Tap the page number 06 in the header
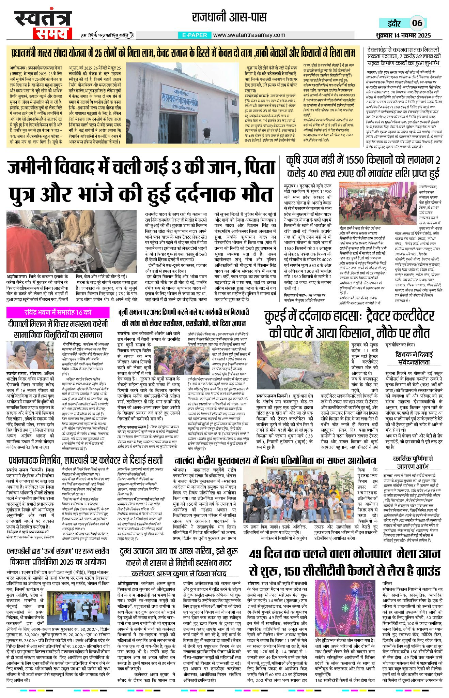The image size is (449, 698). (x=417, y=23)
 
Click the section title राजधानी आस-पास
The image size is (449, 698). (x=229, y=17)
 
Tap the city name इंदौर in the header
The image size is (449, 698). (x=395, y=23)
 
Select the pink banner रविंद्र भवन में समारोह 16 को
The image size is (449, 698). (x=58, y=312)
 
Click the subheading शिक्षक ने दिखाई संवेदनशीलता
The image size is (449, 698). (x=414, y=358)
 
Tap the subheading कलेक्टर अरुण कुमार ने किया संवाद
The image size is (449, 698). (x=179, y=574)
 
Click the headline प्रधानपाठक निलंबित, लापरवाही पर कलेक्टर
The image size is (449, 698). (x=86, y=460)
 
